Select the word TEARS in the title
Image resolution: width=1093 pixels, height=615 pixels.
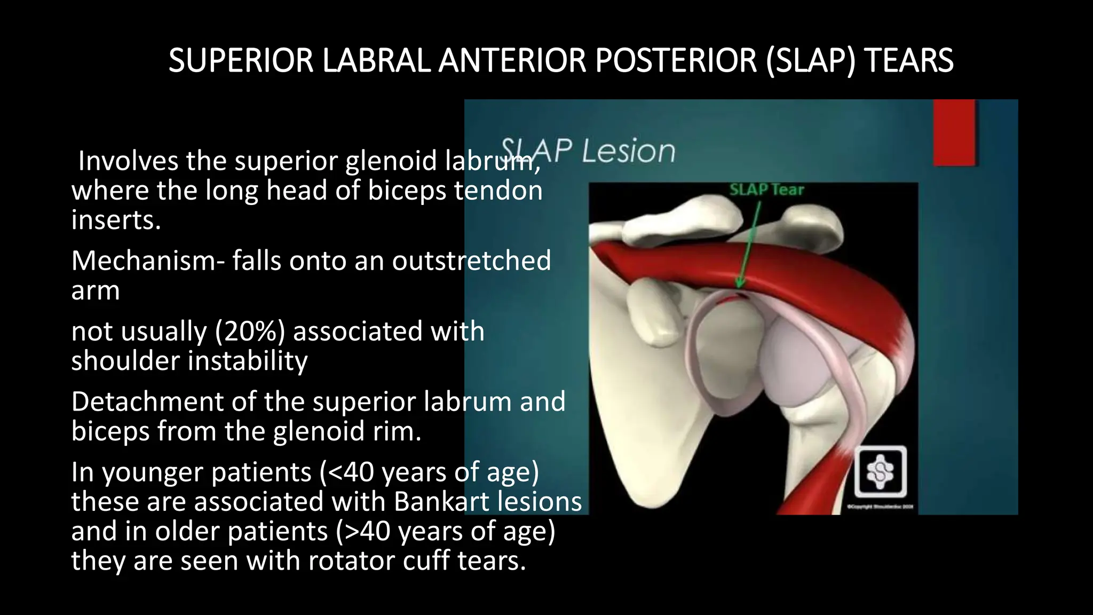click(908, 60)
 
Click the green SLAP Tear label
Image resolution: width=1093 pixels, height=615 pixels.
click(766, 190)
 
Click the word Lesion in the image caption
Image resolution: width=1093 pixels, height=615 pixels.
click(628, 151)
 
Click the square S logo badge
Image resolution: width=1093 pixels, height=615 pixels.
click(880, 472)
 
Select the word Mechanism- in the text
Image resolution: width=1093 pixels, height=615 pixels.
click(148, 261)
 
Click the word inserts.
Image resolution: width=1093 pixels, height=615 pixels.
click(116, 220)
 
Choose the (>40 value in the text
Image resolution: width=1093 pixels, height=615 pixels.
click(363, 532)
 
